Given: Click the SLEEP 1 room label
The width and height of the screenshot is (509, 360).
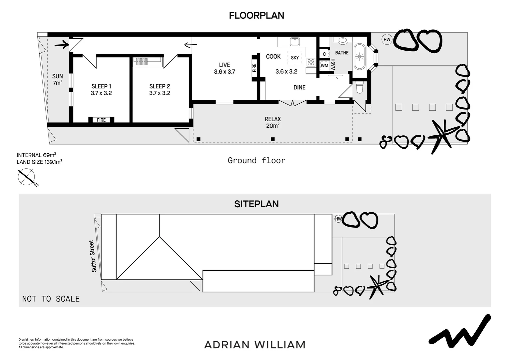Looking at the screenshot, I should [101, 90].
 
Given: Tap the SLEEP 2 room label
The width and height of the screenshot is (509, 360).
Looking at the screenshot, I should [160, 90].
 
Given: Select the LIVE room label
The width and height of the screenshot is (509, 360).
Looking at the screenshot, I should [224, 68].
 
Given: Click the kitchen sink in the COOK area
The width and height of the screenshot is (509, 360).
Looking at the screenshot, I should [294, 42].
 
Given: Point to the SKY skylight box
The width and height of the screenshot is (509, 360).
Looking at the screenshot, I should [295, 58].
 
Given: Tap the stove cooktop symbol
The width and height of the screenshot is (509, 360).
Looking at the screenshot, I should [311, 62].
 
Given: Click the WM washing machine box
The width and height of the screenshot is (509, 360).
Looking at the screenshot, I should [324, 66].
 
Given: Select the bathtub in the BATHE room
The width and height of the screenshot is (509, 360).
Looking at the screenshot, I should [359, 56].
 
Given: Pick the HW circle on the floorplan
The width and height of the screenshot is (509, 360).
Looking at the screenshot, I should [387, 40].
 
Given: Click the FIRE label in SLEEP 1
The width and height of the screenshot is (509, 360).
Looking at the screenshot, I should [101, 120].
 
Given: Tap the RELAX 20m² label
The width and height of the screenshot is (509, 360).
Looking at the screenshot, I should [272, 122].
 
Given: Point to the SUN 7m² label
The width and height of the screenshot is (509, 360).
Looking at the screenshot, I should [57, 80].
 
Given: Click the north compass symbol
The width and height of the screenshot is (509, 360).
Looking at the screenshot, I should [27, 177].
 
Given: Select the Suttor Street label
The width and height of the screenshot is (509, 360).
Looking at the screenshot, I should [93, 256].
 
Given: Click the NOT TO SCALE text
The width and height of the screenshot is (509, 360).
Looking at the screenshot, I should [51, 299].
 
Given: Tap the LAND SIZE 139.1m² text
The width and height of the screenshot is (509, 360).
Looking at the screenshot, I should [39, 162].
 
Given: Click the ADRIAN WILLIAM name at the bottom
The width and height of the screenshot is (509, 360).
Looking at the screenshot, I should [255, 345].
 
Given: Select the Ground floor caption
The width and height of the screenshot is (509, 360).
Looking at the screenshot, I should [256, 161].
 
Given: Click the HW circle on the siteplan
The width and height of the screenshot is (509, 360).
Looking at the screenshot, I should [338, 219].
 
